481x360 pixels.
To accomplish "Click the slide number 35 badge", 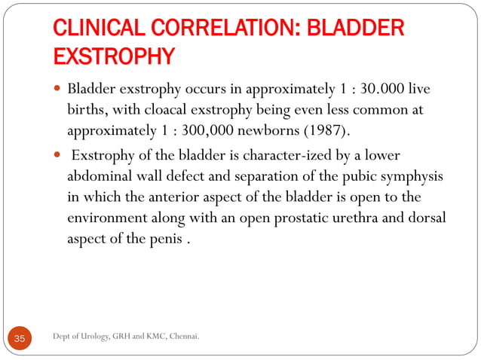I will pyautogui.click(x=20, y=339).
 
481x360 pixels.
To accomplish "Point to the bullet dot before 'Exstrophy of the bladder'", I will pyautogui.click(x=57, y=156).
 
